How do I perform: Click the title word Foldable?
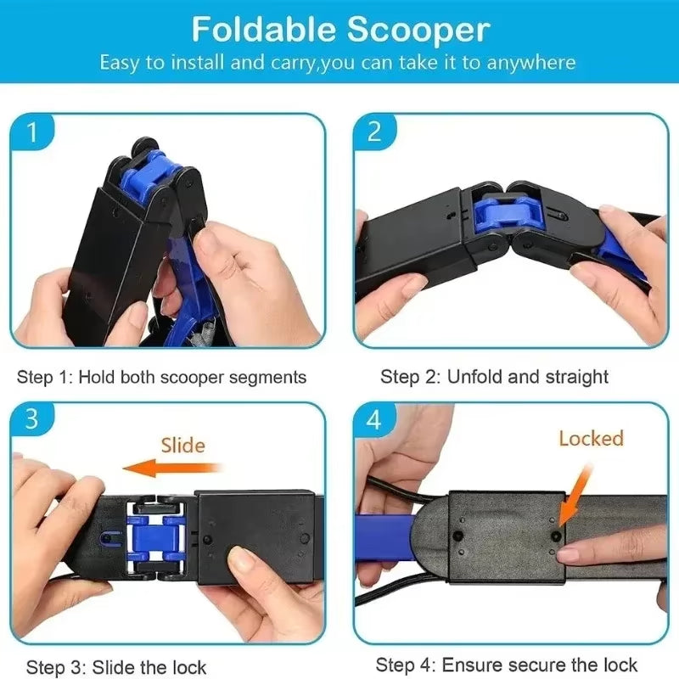[x=261, y=30]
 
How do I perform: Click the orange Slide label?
[x=182, y=444]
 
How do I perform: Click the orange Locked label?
[x=591, y=438]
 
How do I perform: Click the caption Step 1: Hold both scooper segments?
[x=162, y=377]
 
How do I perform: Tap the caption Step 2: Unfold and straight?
[x=494, y=377]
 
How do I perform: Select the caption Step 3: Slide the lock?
[x=116, y=666]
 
